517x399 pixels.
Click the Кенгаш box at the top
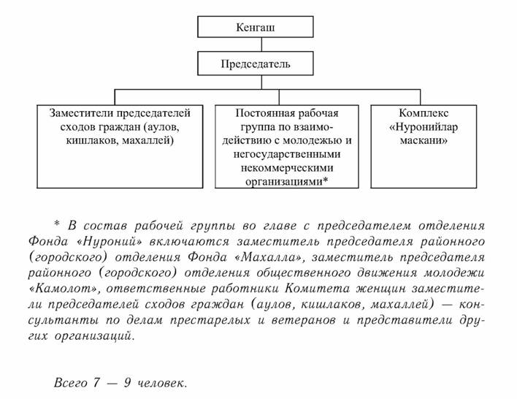[255, 28]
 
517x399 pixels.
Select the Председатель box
[255, 64]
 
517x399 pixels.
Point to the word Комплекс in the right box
[424, 113]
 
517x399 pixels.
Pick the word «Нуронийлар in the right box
[424, 126]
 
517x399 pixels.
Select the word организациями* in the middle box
[286, 181]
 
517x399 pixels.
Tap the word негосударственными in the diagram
[286, 154]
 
